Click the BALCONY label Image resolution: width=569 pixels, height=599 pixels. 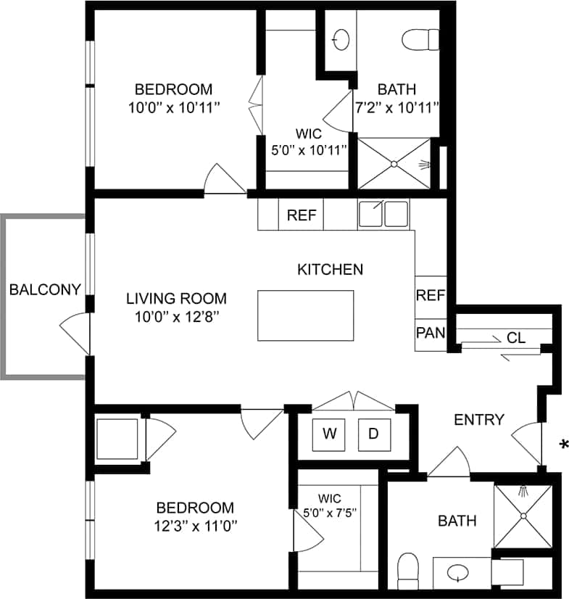[44, 290]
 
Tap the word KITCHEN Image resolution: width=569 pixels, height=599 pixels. [330, 270]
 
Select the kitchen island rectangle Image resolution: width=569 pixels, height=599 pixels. [306, 315]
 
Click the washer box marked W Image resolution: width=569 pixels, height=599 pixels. [330, 434]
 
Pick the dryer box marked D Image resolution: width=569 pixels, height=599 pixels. [373, 434]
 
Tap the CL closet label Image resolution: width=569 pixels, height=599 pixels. [516, 337]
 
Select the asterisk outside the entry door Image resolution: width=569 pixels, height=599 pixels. [563, 444]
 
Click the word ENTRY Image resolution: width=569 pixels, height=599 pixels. [478, 420]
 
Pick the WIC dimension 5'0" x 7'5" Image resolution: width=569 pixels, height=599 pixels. [330, 512]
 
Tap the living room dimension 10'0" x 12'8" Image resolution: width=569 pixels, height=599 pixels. [176, 316]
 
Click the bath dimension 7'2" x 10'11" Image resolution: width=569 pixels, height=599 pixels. [396, 108]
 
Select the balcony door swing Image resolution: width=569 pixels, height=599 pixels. [75, 334]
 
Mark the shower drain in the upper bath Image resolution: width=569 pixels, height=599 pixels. [394, 164]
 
